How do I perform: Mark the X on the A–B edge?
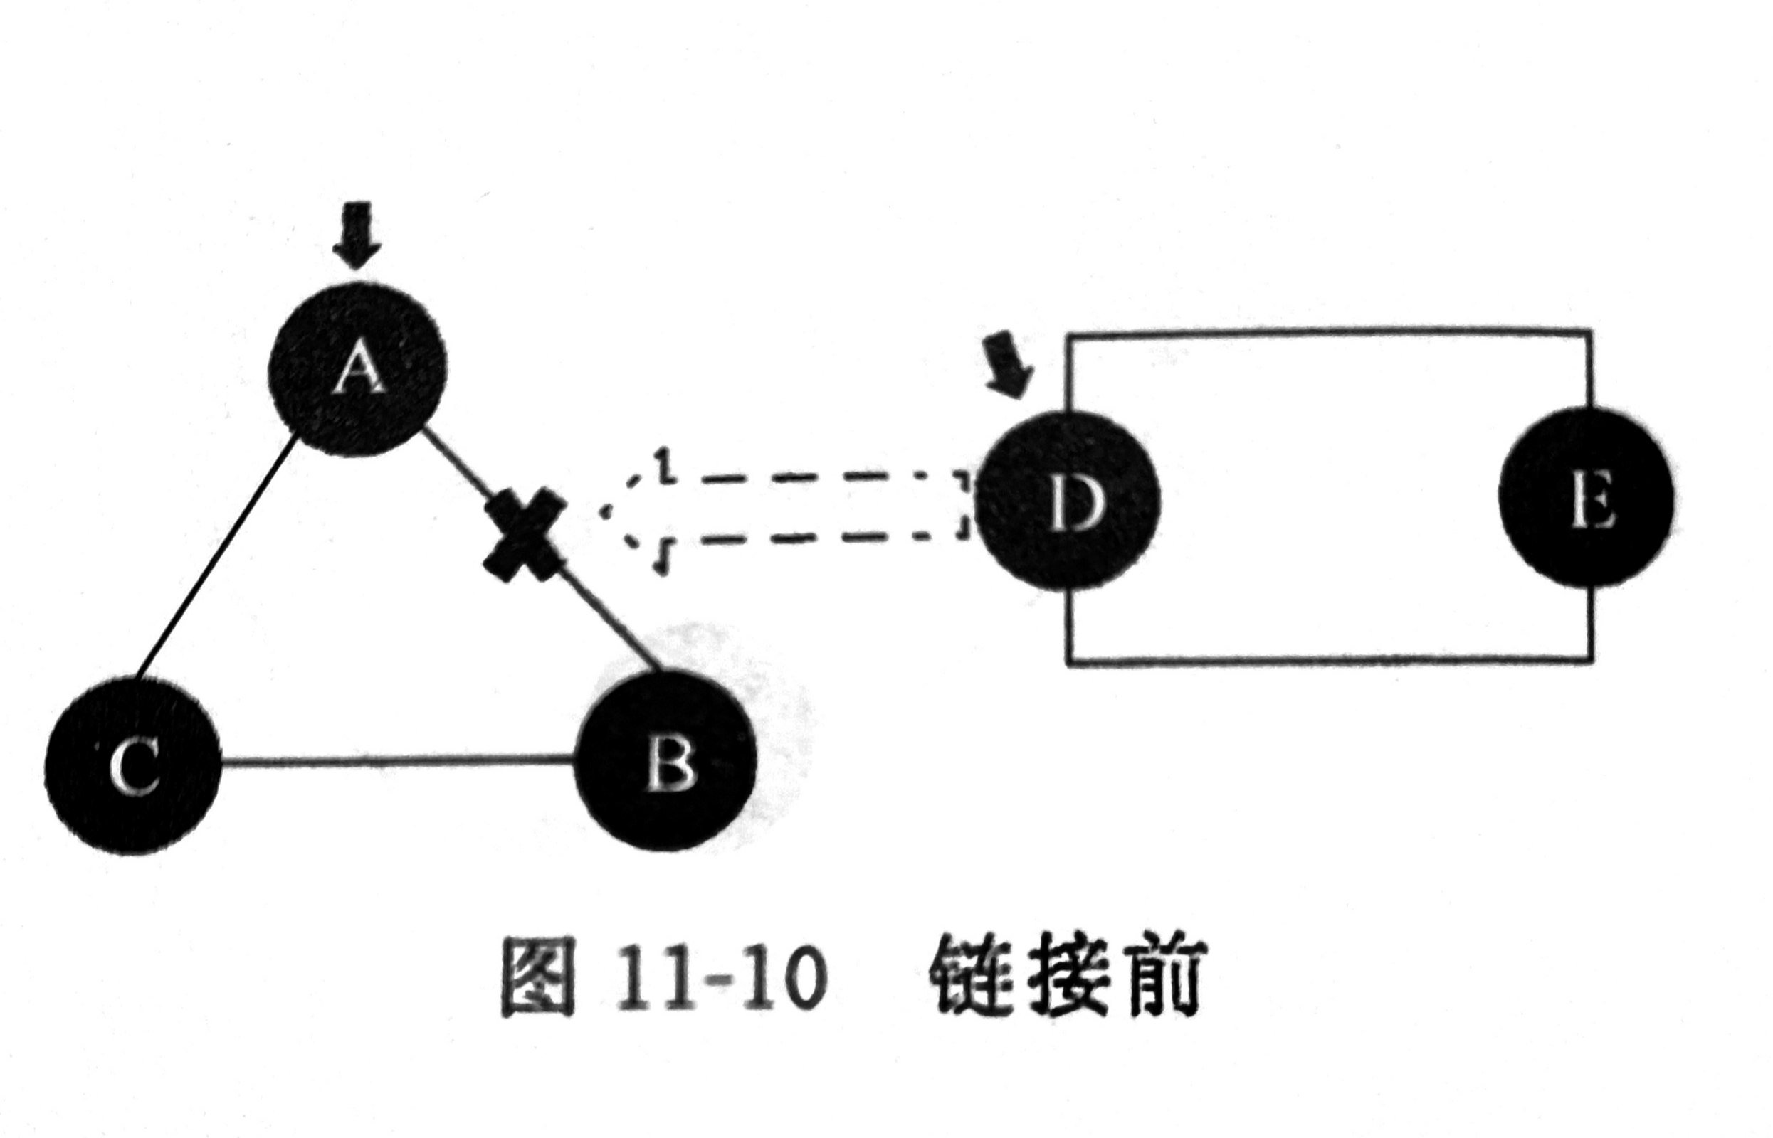[x=524, y=531]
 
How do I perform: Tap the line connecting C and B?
[x=399, y=760]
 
